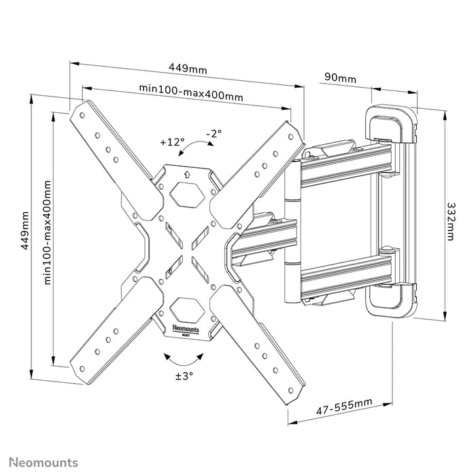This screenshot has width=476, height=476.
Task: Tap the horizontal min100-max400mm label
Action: pyautogui.click(x=191, y=95)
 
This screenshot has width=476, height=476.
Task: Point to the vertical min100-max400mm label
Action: pyautogui.click(x=48, y=232)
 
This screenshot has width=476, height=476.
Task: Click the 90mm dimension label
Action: pyautogui.click(x=340, y=78)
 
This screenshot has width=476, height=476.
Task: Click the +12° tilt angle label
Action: pyautogui.click(x=172, y=142)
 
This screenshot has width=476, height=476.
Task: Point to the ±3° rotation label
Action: pyautogui.click(x=184, y=375)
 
